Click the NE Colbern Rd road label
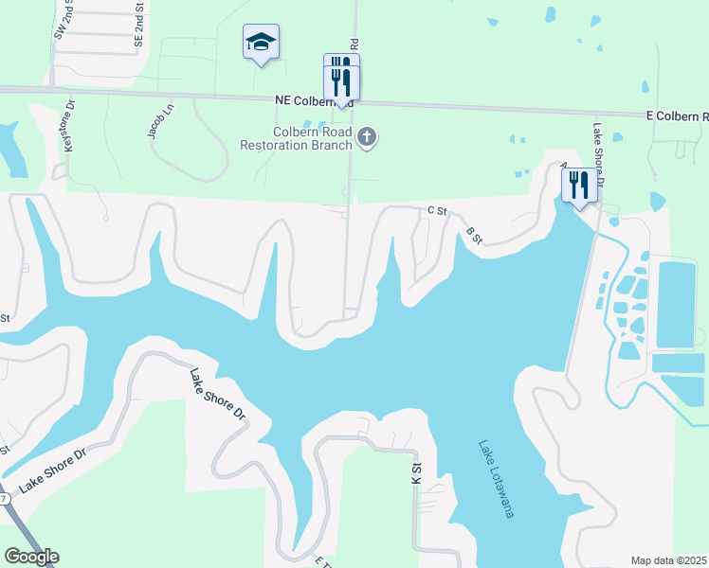point(313,100)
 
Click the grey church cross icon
point(367,139)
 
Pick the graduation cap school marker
point(261,43)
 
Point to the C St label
point(437,210)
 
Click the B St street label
point(474,235)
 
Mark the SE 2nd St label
point(138,26)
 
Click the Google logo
point(31,557)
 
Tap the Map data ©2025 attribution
point(667,560)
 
